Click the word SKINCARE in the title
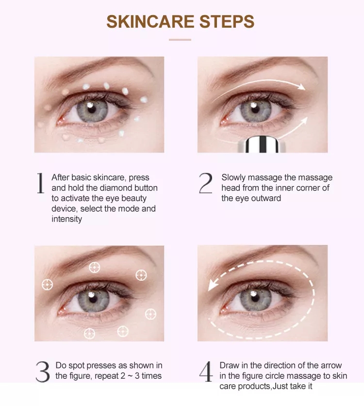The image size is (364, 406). pyautogui.click(x=150, y=21)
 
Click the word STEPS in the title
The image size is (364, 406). pyautogui.click(x=227, y=21)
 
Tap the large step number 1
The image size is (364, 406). pyautogui.click(x=40, y=183)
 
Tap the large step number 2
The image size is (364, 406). pyautogui.click(x=206, y=183)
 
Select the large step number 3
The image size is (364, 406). pyautogui.click(x=43, y=372)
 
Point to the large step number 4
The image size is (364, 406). pyautogui.click(x=206, y=372)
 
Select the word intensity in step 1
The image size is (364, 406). pyautogui.click(x=67, y=219)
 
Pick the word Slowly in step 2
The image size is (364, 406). pyautogui.click(x=233, y=178)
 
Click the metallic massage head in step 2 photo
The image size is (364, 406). pyautogui.click(x=262, y=145)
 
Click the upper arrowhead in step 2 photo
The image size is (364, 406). pyautogui.click(x=302, y=87)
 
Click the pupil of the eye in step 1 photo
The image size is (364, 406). pyautogui.click(x=92, y=109)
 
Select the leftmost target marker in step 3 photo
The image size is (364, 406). pyautogui.click(x=48, y=285)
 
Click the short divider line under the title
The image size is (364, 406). pyautogui.click(x=180, y=40)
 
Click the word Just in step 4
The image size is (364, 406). pyautogui.click(x=281, y=386)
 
